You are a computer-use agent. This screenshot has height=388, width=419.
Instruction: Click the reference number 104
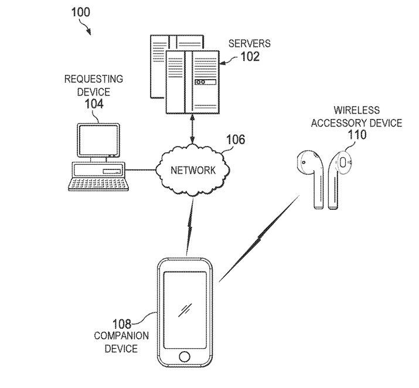click(x=93, y=104)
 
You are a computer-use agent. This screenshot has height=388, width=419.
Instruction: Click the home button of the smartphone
click(x=185, y=356)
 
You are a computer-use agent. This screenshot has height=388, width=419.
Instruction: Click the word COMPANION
click(x=121, y=336)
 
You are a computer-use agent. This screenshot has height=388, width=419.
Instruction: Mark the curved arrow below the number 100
click(x=85, y=28)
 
